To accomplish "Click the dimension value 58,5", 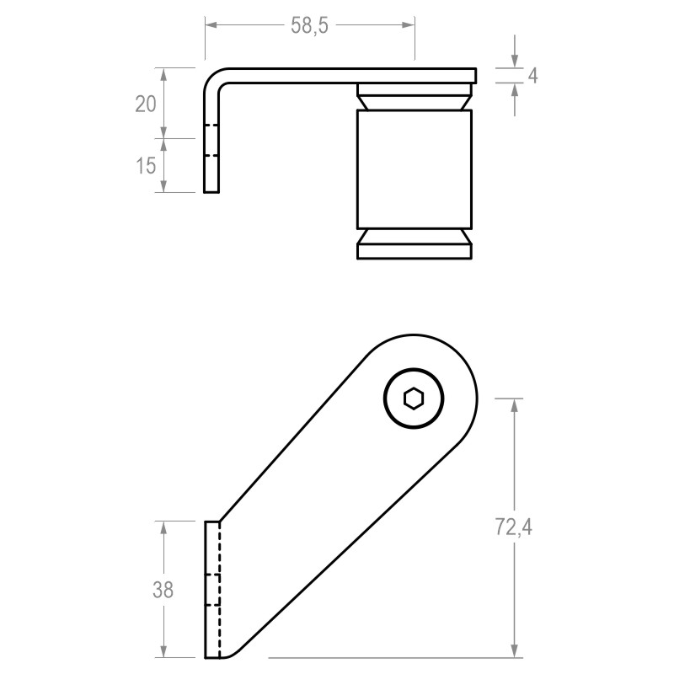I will [x=309, y=25].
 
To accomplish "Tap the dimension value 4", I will [x=532, y=76].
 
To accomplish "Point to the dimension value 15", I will [x=146, y=165].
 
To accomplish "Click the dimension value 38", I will [x=163, y=590].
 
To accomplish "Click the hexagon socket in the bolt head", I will [x=413, y=398].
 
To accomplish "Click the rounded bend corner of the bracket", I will [x=215, y=78].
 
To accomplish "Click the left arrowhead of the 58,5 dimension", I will [x=211, y=25].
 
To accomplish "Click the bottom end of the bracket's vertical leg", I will [x=211, y=190].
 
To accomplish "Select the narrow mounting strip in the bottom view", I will [x=212, y=590].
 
